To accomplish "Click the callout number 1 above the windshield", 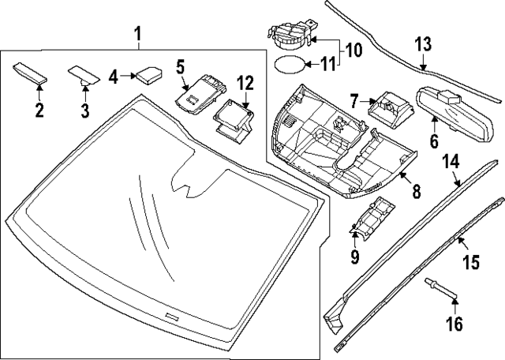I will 137,34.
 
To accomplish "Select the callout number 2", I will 37,108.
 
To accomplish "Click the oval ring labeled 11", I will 353,51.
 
